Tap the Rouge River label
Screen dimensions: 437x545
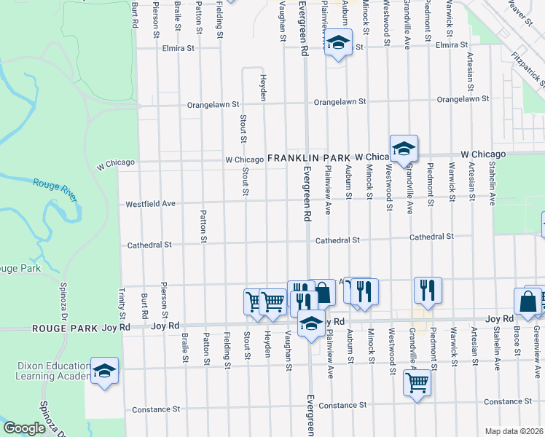click(x=55, y=187)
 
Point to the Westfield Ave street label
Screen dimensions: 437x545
click(x=151, y=204)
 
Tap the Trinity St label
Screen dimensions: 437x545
click(x=122, y=307)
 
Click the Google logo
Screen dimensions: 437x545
click(x=24, y=428)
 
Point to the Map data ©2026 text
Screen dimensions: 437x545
click(x=514, y=431)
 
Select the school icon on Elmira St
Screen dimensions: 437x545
click(x=338, y=44)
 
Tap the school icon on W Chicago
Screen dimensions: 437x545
click(x=403, y=149)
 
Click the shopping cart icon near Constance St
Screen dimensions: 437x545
click(x=417, y=382)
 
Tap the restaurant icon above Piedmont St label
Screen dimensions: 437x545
click(x=428, y=289)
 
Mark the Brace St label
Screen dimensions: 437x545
click(x=517, y=343)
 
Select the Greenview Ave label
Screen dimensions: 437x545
click(x=537, y=342)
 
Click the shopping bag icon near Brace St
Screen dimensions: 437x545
click(x=527, y=300)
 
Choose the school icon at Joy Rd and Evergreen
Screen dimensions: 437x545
click(x=312, y=323)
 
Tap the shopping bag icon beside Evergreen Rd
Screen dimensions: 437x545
click(x=324, y=292)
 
